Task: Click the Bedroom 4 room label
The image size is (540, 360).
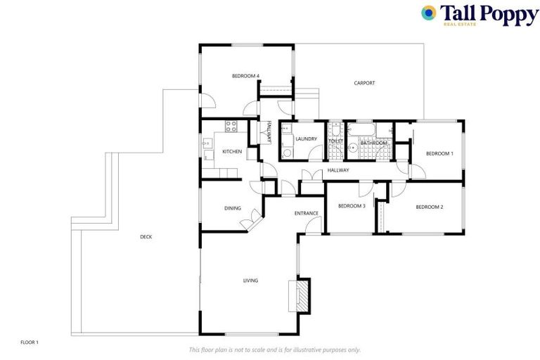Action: pos(246,76)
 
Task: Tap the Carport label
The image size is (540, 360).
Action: pos(364,83)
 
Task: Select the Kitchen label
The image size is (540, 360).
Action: pos(232,152)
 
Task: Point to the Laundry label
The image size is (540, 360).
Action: pos(306,139)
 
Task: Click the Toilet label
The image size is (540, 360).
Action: pos(335,142)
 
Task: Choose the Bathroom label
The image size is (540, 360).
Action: pos(373,143)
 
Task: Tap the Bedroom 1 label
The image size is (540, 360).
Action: pos(440,153)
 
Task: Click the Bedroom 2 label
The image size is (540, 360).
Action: pos(429,207)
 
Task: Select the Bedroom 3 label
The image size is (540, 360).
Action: pos(352,206)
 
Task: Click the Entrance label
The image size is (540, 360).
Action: pos(307,213)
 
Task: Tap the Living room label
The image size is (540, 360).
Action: pos(250,281)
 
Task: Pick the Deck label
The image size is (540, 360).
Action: pos(146,237)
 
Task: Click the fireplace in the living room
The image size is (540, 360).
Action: pos(300,295)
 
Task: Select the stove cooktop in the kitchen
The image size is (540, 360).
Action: pos(230,127)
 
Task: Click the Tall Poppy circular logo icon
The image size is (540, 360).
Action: pos(428,13)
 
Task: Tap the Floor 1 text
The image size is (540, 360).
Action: pos(30,342)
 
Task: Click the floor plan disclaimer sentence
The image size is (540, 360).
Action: pos(274,349)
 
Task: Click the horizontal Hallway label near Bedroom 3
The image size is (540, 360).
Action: pos(338,170)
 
